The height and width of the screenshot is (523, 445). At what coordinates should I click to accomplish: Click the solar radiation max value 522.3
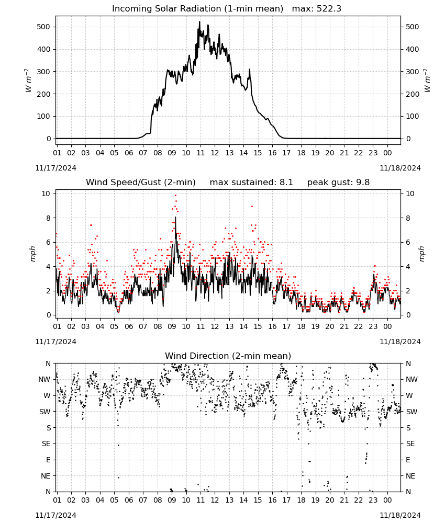[329, 9]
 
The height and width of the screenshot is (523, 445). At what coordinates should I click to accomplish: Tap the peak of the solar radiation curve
[199, 21]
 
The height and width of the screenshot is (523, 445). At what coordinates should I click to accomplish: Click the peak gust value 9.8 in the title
[363, 183]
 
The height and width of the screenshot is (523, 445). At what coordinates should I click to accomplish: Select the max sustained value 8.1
[286, 183]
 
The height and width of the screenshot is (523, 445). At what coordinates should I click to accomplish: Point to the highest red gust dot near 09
[175, 196]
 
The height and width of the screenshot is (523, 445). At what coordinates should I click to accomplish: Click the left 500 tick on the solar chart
[44, 27]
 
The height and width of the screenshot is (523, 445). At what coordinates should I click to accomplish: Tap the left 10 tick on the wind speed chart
[46, 194]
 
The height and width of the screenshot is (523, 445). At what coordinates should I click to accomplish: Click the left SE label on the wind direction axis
[46, 444]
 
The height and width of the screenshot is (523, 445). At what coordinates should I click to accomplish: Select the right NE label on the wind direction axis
[410, 476]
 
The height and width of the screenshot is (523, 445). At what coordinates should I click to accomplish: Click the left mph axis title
[32, 254]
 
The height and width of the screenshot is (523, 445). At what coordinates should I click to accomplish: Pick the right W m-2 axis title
[427, 81]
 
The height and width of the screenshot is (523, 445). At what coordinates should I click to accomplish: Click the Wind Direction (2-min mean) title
[228, 356]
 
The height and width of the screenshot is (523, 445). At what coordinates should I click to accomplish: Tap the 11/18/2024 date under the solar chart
[400, 168]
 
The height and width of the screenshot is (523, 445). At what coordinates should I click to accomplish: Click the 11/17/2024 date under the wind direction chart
[55, 515]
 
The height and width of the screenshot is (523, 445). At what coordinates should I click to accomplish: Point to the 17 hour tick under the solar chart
[286, 153]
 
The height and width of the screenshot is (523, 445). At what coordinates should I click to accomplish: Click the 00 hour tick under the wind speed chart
[387, 326]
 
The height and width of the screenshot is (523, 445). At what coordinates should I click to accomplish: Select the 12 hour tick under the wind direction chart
[215, 501]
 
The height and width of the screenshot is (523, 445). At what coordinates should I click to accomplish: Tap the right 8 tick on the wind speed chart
[408, 218]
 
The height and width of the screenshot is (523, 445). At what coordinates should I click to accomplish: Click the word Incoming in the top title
[129, 9]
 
